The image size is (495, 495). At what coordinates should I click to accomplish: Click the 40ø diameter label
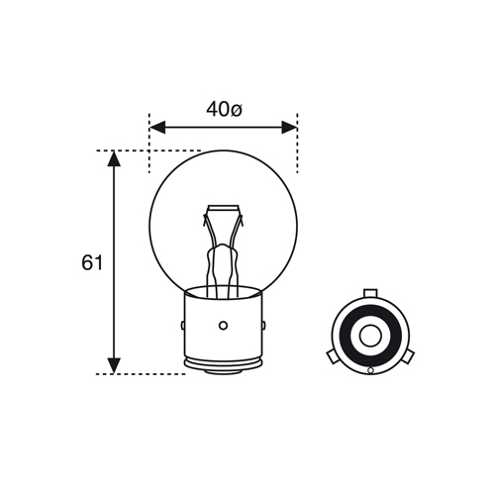(x=224, y=109)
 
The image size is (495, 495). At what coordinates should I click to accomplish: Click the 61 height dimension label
(x=92, y=263)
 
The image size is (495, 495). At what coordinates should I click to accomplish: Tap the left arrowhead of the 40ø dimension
(x=157, y=128)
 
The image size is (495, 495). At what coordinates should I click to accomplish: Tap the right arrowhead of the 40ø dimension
(x=289, y=128)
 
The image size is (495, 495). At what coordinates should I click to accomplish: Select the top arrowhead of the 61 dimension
(x=114, y=158)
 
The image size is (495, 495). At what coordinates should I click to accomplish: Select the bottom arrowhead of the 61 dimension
(x=114, y=366)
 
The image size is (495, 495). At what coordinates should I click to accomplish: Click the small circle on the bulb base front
(x=224, y=326)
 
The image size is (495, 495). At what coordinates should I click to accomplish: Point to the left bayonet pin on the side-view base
(x=183, y=326)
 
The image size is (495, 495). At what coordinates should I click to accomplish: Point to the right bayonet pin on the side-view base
(x=263, y=326)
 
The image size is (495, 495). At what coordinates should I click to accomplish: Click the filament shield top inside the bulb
(x=223, y=209)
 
